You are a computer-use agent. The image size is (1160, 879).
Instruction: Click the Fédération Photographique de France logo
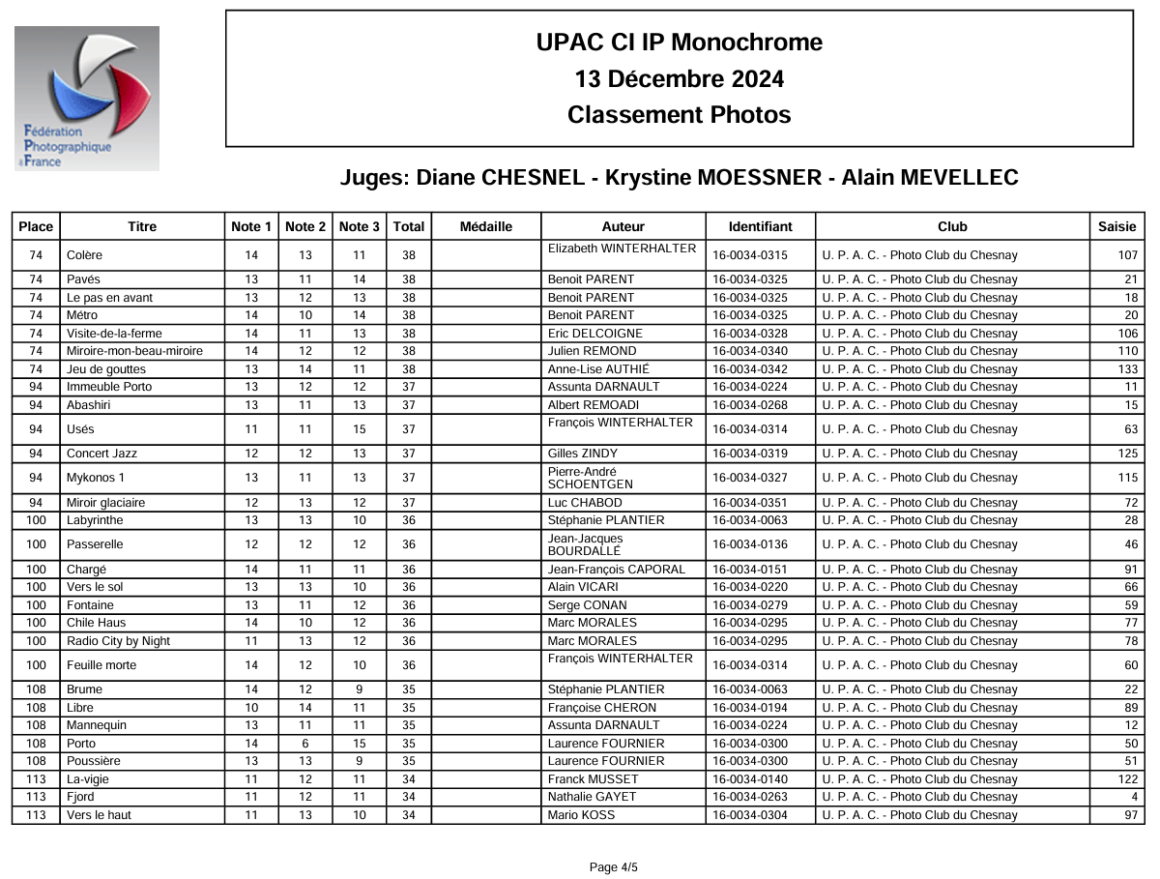(87, 98)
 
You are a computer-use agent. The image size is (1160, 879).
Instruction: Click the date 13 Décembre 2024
(679, 78)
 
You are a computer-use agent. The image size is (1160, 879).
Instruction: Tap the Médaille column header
(486, 226)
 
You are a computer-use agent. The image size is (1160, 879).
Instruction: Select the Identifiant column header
(760, 226)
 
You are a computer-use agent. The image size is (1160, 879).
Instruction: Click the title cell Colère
(85, 255)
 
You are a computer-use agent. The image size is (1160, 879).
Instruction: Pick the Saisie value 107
(1127, 255)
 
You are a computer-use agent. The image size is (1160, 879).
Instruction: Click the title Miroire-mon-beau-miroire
(135, 351)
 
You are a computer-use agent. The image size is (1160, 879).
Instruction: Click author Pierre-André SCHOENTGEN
(591, 478)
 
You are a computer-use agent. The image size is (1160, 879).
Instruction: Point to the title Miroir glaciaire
(106, 503)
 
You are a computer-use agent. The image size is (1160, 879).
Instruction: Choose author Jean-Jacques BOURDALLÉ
(586, 544)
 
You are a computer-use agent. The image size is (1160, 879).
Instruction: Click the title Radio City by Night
(119, 641)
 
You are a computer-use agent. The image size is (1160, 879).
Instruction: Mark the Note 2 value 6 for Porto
(305, 744)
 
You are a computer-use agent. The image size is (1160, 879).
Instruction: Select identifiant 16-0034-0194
(750, 708)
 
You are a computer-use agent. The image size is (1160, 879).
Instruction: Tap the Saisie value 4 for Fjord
(1134, 797)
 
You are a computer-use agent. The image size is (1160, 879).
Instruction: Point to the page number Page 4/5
(614, 867)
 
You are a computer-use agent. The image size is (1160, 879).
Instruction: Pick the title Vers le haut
(100, 815)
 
